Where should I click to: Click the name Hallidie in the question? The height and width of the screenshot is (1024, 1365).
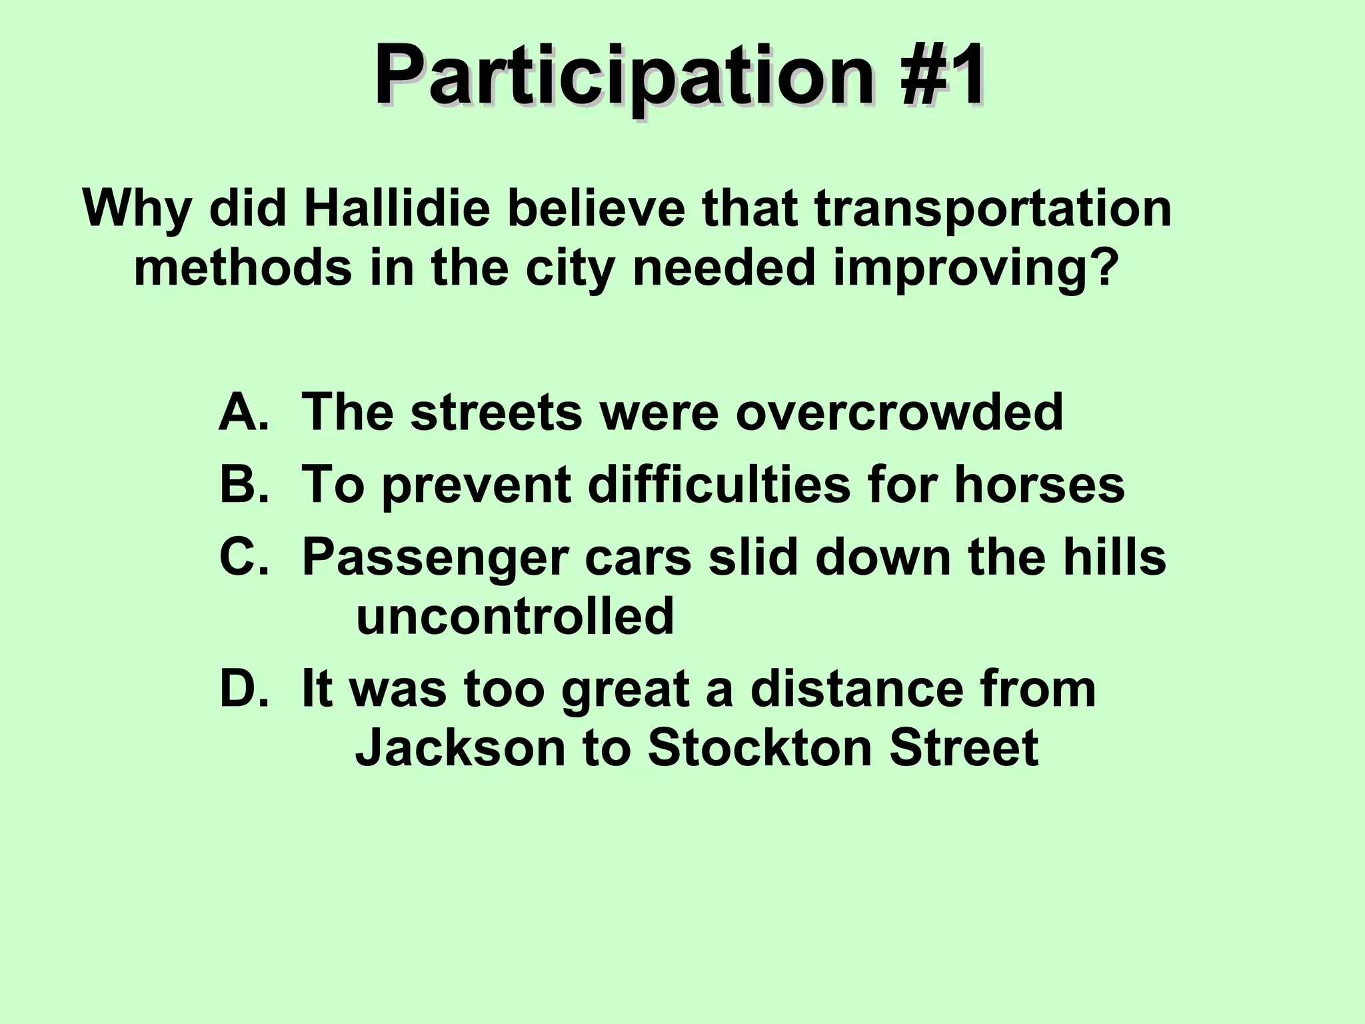coord(397,209)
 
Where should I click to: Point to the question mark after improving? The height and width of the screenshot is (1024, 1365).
coord(1101,268)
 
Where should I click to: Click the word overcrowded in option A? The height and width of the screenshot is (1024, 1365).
coord(899,412)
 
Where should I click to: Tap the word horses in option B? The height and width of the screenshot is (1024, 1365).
coord(1039,484)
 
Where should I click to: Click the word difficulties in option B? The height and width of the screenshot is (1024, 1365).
coord(719,484)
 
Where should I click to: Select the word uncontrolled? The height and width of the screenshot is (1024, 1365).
coord(515,615)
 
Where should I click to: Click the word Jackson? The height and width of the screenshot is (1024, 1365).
coord(460,747)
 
